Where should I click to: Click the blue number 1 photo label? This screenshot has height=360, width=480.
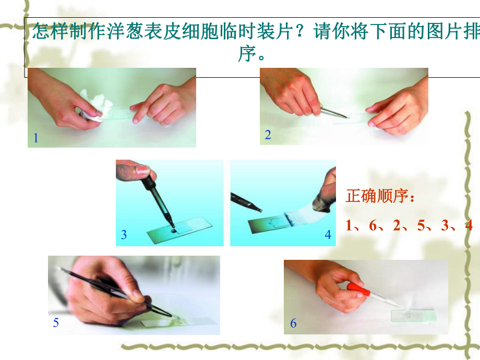point(36,138)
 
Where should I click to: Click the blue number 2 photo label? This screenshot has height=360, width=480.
point(268,135)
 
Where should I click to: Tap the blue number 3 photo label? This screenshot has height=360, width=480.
point(124,235)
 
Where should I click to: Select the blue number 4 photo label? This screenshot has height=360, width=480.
point(328,235)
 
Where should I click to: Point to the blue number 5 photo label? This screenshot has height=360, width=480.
point(56,322)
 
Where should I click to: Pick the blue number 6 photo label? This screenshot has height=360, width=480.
point(293,323)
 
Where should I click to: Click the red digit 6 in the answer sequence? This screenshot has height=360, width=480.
point(373,225)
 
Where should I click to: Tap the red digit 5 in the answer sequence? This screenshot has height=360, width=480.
point(421,225)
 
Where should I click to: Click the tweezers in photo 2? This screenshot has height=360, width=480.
point(334,112)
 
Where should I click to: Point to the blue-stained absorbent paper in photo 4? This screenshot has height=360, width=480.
point(303,215)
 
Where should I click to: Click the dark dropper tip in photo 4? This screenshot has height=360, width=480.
point(247,202)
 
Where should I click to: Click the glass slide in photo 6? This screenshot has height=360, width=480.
point(414,316)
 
